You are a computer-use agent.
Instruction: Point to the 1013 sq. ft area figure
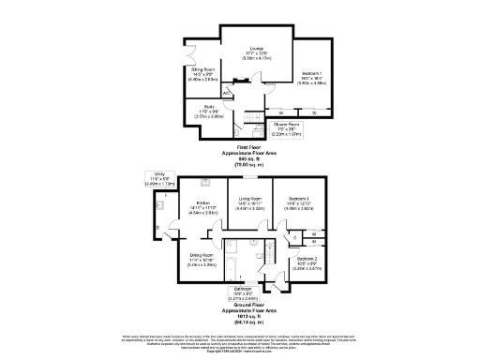pyautogui.click(x=243, y=314)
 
